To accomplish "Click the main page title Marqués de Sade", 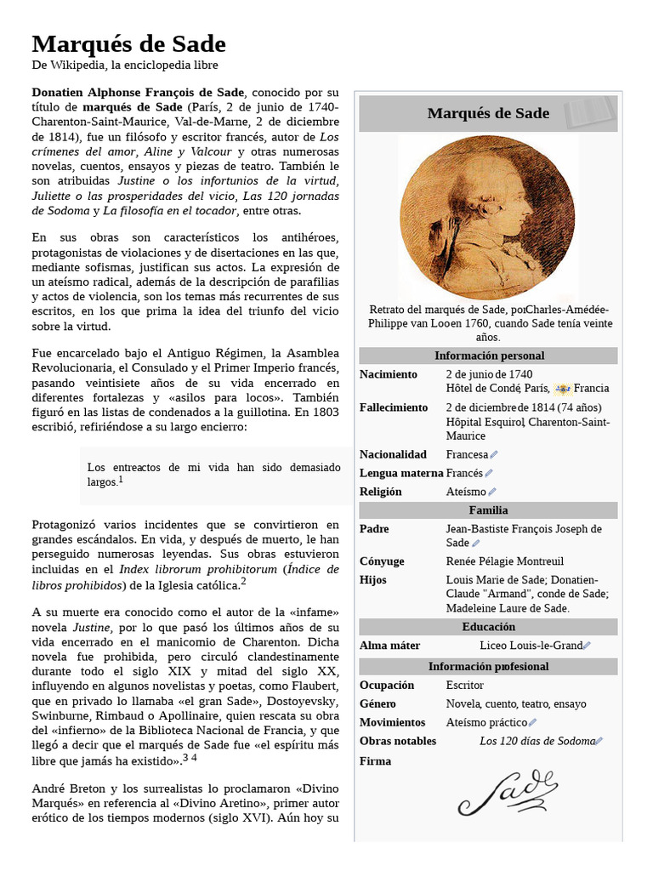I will tap(129, 44).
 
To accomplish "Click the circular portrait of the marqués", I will tap(487, 217).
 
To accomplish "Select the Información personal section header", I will tap(489, 356).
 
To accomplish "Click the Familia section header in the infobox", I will tap(488, 510).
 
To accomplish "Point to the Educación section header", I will tap(488, 627).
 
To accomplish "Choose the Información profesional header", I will tap(488, 666).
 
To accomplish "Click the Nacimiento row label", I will tap(389, 374).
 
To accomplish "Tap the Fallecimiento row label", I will tap(394, 407).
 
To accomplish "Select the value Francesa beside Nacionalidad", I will tap(467, 455).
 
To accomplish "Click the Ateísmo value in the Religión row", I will tap(466, 492).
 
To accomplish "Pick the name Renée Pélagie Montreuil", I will tap(505, 561).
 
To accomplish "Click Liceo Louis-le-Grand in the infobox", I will tap(531, 646).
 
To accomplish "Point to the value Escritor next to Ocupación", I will tap(465, 685).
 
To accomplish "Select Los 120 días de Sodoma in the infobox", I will tap(537, 741).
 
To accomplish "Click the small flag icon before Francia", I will tap(562, 389).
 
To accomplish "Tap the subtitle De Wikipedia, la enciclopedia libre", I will tap(125, 65).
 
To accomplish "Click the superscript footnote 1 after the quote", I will tap(121, 480).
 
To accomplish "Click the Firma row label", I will tap(375, 760).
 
